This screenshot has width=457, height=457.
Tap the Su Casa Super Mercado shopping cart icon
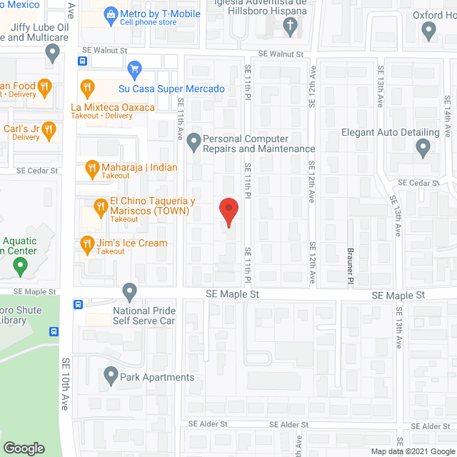click(x=134, y=69)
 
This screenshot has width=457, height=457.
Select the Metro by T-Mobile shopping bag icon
click(x=111, y=14)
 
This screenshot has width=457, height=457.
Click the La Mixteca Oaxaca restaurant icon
click(x=88, y=89)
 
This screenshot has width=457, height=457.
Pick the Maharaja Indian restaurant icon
click(x=91, y=169)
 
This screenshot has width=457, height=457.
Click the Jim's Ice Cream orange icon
click(x=87, y=243)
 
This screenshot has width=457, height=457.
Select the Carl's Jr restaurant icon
click(x=49, y=129)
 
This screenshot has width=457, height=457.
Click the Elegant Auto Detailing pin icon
click(x=423, y=149)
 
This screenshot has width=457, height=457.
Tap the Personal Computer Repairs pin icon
click(x=194, y=144)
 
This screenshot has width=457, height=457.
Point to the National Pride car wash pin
click(x=129, y=291)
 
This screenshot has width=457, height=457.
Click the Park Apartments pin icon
click(x=111, y=374)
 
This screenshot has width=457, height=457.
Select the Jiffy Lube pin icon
click(x=52, y=52)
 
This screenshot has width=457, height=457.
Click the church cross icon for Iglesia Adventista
click(x=290, y=27)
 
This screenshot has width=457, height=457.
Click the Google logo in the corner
click(x=24, y=448)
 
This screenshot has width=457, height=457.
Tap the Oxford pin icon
click(x=429, y=30)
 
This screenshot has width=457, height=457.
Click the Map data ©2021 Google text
click(x=412, y=451)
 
